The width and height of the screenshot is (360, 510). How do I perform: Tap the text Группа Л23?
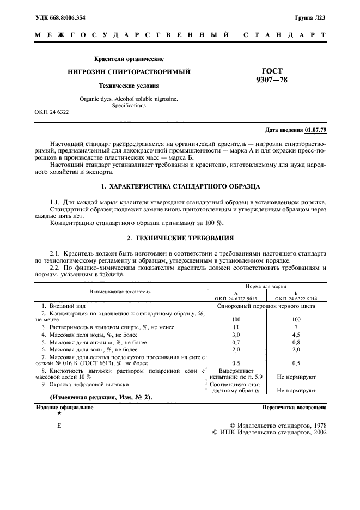(x=311, y=18)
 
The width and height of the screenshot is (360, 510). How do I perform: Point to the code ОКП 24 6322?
(x=52, y=112)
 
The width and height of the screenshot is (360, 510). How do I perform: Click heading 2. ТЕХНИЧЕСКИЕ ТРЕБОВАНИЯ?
(x=180, y=238)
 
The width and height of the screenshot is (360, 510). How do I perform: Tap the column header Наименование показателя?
(x=120, y=292)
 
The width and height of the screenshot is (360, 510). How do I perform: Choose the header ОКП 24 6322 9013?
(x=236, y=299)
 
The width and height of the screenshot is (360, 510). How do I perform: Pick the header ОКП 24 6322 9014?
(x=296, y=299)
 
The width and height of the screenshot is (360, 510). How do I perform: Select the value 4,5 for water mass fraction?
(x=296, y=334)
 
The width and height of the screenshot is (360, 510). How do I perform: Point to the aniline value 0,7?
(x=236, y=342)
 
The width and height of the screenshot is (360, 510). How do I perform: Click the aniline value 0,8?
(x=296, y=342)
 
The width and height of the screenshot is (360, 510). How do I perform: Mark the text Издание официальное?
(x=65, y=407)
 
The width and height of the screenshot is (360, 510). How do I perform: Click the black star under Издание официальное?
(x=59, y=414)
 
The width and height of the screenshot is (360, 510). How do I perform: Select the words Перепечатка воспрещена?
(x=294, y=407)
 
